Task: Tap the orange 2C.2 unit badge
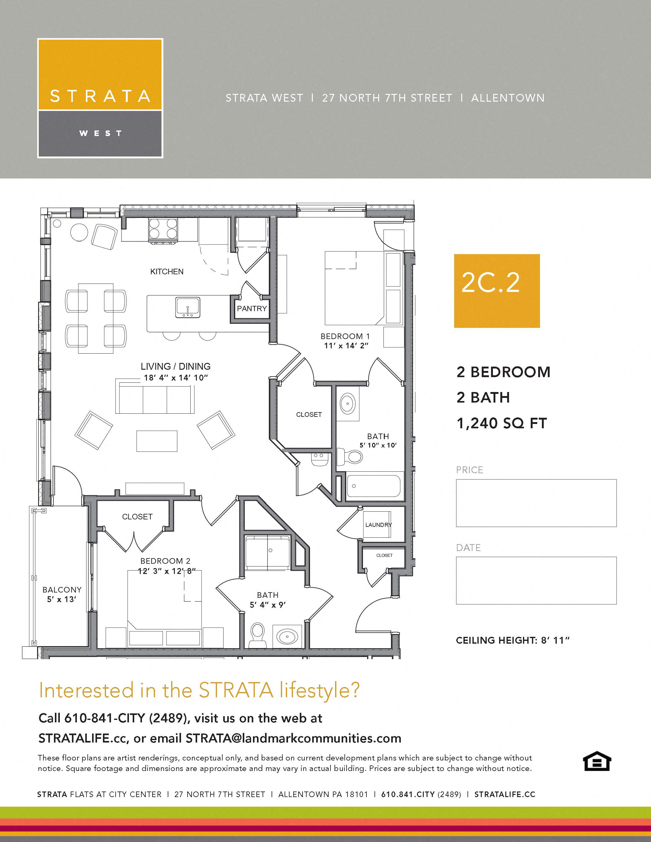pos(497,291)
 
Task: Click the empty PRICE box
pos(536,503)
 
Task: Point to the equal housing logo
pos(597,761)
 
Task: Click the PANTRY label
pos(251,308)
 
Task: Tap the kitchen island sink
pos(188,307)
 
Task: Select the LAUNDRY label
pos(378,525)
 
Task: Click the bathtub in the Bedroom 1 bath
pos(373,486)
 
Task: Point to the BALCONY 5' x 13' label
pos(62,594)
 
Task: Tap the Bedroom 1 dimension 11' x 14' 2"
pos(346,346)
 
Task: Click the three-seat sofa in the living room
pos(155,399)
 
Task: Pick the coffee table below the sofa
pos(157,441)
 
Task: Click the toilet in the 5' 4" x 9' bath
pos(258,635)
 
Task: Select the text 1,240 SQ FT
pos(501,423)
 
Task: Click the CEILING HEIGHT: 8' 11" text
pos(512,640)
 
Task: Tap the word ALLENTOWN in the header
pos(507,98)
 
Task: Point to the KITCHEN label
pos(166,271)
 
